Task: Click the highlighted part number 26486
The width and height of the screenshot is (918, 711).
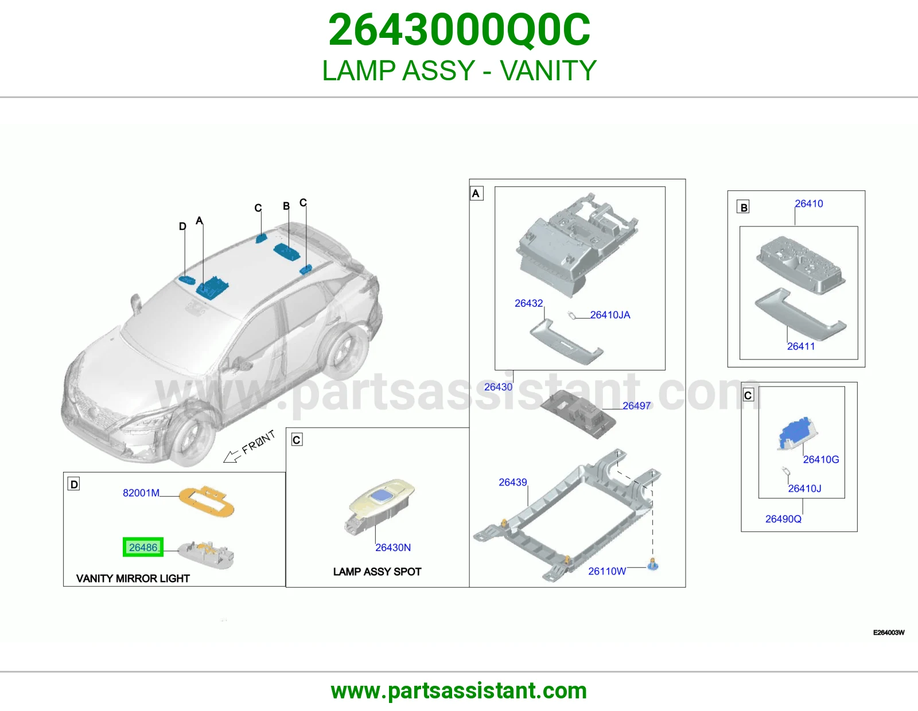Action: coord(143,547)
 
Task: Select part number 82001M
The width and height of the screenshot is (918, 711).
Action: coord(141,493)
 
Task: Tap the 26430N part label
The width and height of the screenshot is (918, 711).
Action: coord(393,547)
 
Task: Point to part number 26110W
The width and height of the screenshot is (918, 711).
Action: coord(607,571)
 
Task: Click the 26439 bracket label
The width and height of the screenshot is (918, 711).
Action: coord(513,482)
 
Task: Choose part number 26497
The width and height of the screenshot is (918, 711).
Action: coord(637,406)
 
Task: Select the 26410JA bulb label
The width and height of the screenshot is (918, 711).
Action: coord(610,315)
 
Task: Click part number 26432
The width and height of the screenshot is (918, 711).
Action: coord(528,303)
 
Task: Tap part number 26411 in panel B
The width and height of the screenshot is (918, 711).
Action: coord(801,346)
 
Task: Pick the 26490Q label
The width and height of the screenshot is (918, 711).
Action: coord(783,519)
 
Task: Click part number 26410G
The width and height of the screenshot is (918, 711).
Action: coord(821,459)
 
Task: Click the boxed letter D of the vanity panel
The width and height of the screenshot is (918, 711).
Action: coord(74,485)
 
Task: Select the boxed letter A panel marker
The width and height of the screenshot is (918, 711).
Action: coord(476,193)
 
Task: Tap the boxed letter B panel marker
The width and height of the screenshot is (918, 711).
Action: coord(743,208)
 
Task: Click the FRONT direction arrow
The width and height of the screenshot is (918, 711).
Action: coord(231,456)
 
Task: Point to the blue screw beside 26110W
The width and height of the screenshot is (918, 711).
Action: coord(653,564)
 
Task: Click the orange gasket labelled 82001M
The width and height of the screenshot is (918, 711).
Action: coord(207,502)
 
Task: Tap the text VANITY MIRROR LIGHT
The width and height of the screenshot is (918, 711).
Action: coord(133,579)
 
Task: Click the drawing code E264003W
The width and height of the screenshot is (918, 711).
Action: coord(889,632)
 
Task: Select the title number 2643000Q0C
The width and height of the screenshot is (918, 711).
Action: coord(459,30)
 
